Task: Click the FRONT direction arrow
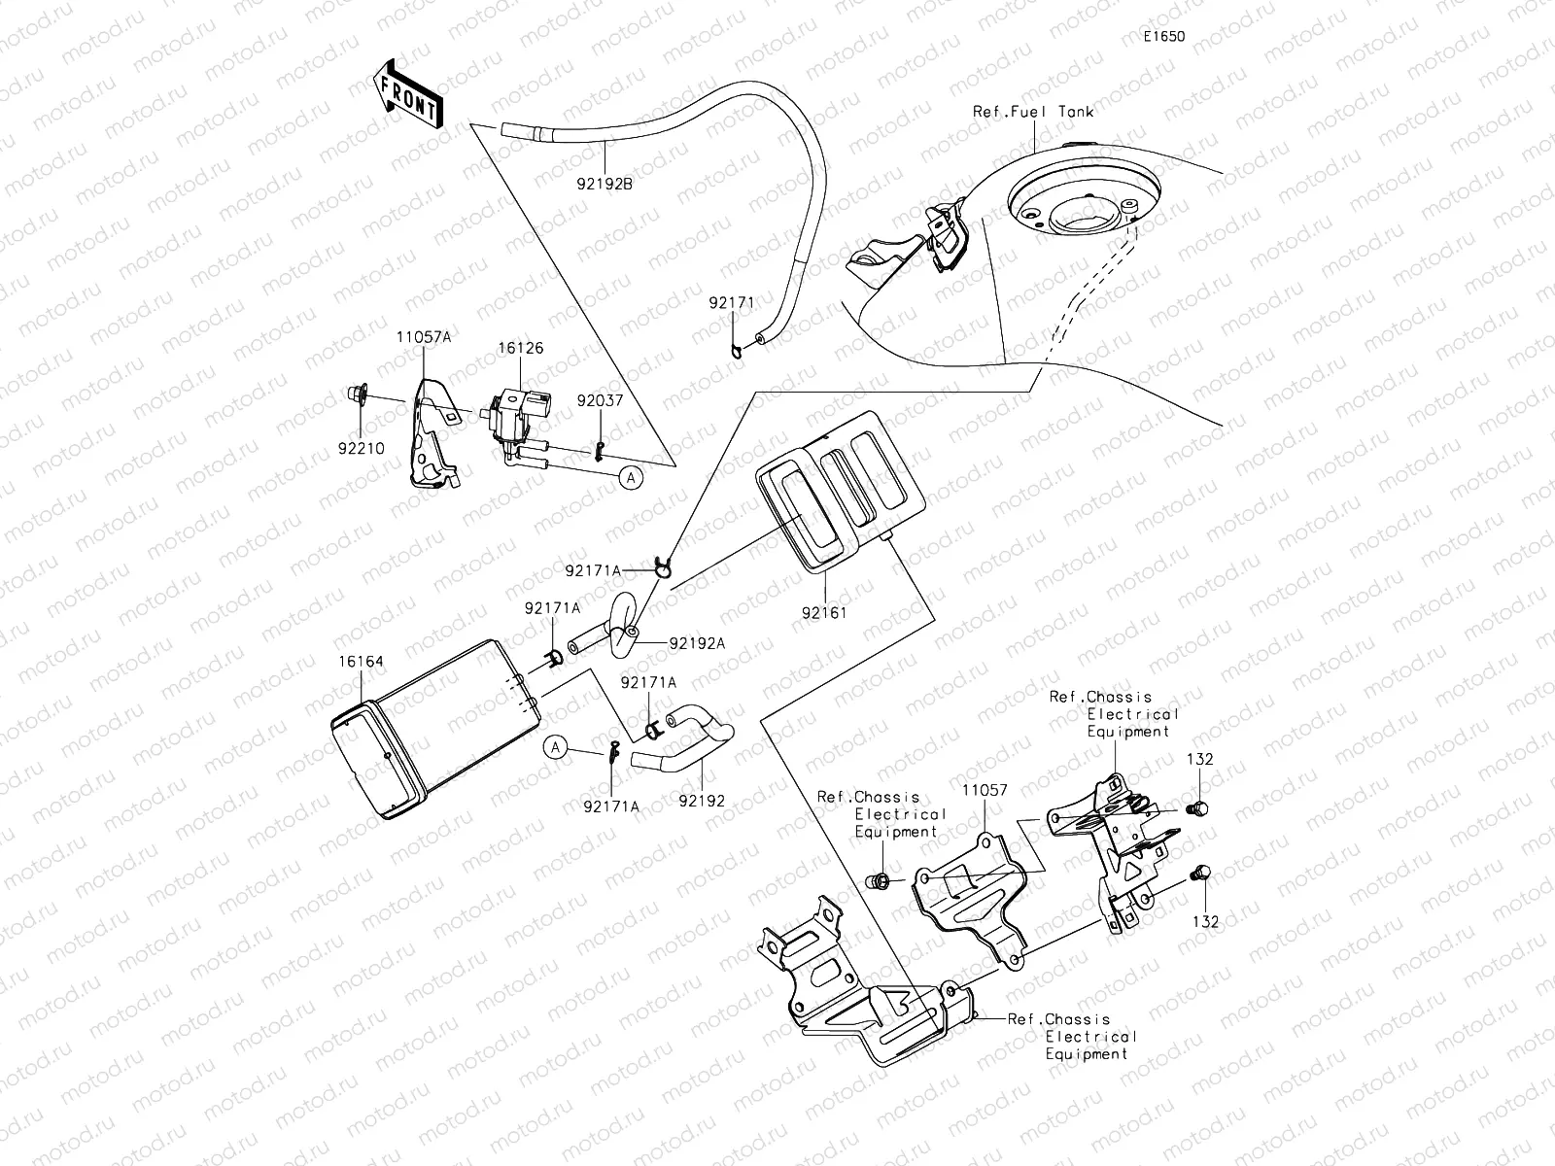click(x=407, y=94)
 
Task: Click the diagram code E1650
click(x=1163, y=36)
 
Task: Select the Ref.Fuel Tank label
click(x=1033, y=112)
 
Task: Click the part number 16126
click(x=522, y=348)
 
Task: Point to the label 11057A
click(x=424, y=336)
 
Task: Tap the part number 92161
click(x=824, y=613)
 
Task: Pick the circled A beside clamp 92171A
click(x=555, y=746)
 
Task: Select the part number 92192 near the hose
click(x=702, y=802)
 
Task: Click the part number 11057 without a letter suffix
click(x=985, y=791)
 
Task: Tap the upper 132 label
click(x=1200, y=760)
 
